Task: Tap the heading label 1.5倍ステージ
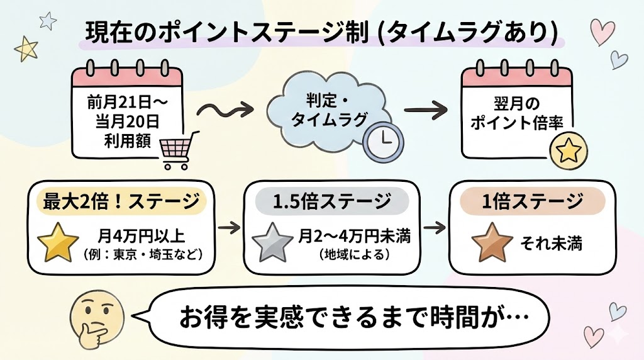[331, 202]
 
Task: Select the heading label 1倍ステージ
[531, 202]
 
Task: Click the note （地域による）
[348, 257]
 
